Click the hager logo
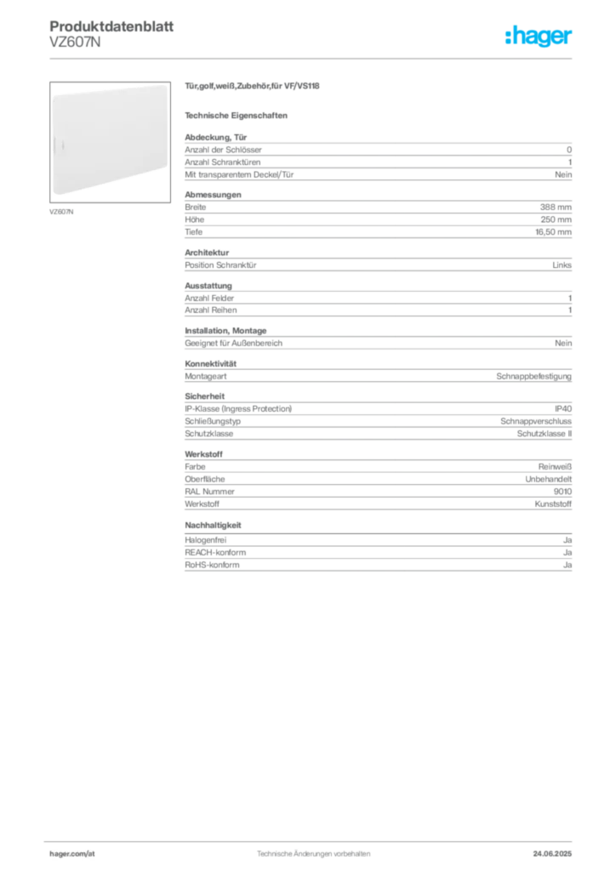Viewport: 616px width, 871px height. click(539, 36)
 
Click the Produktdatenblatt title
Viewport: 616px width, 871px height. click(111, 26)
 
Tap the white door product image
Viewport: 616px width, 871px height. click(110, 142)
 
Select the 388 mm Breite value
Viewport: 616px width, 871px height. click(556, 208)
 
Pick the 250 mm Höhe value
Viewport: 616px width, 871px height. click(556, 219)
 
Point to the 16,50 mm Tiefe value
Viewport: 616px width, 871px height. click(553, 232)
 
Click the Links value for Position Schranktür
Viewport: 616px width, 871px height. click(562, 265)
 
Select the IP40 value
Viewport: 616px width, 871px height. click(563, 409)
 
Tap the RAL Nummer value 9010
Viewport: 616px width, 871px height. click(562, 492)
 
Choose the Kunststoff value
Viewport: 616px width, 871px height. click(553, 504)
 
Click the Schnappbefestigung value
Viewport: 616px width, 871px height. click(533, 376)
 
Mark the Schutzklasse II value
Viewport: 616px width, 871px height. click(545, 434)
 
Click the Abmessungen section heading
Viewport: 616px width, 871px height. click(213, 195)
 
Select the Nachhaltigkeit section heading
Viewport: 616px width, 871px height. click(213, 525)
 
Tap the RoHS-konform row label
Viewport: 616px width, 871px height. click(212, 565)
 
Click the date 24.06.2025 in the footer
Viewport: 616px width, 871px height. click(552, 854)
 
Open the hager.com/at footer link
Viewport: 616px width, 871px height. click(72, 854)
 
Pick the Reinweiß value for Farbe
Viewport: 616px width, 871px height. click(555, 467)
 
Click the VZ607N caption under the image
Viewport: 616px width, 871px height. click(61, 212)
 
